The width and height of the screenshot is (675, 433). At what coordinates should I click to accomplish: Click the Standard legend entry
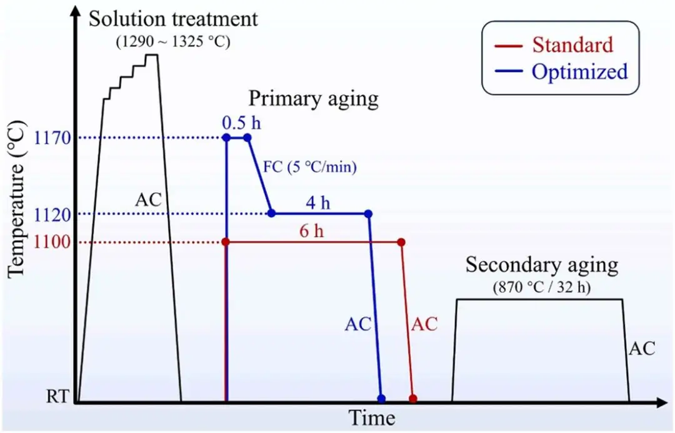point(572,44)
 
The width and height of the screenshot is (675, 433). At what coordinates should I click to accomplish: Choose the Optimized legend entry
point(579,71)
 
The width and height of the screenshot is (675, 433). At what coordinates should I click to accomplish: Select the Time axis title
point(371,417)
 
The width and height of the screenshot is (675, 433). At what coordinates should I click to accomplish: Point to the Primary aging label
point(314,98)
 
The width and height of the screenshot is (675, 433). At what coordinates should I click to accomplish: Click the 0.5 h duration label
point(241,123)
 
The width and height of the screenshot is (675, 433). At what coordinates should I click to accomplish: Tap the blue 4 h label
point(319,203)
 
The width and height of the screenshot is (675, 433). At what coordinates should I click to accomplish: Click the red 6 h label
point(311,231)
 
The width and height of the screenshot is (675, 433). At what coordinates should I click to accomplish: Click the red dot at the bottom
point(412,398)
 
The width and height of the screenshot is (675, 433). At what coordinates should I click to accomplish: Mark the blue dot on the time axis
point(381,398)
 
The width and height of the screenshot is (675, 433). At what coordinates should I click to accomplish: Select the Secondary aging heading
point(541,265)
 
